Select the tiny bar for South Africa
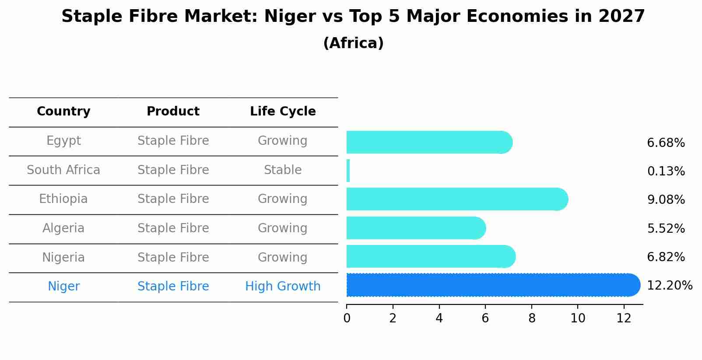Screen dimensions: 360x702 tap(348, 171)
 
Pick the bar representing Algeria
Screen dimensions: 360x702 tap(416, 228)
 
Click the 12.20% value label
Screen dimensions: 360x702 tap(669, 286)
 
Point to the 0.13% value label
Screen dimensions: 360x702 tap(666, 171)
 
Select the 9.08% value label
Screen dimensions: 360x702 tap(666, 200)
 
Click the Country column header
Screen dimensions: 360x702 tap(63, 112)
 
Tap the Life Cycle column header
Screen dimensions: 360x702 tap(283, 112)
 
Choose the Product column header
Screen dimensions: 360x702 tap(173, 112)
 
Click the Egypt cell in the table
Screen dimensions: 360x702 tap(63, 141)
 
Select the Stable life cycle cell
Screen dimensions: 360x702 tap(283, 170)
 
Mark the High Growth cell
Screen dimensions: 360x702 tap(283, 287)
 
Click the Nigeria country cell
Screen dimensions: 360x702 tap(63, 257)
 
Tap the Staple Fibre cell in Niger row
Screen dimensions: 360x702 tap(173, 287)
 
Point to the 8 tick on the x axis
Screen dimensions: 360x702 tap(532, 318)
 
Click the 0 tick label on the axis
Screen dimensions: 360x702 tap(347, 318)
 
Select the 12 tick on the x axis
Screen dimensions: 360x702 tap(624, 318)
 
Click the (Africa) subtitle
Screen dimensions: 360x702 tap(353, 43)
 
